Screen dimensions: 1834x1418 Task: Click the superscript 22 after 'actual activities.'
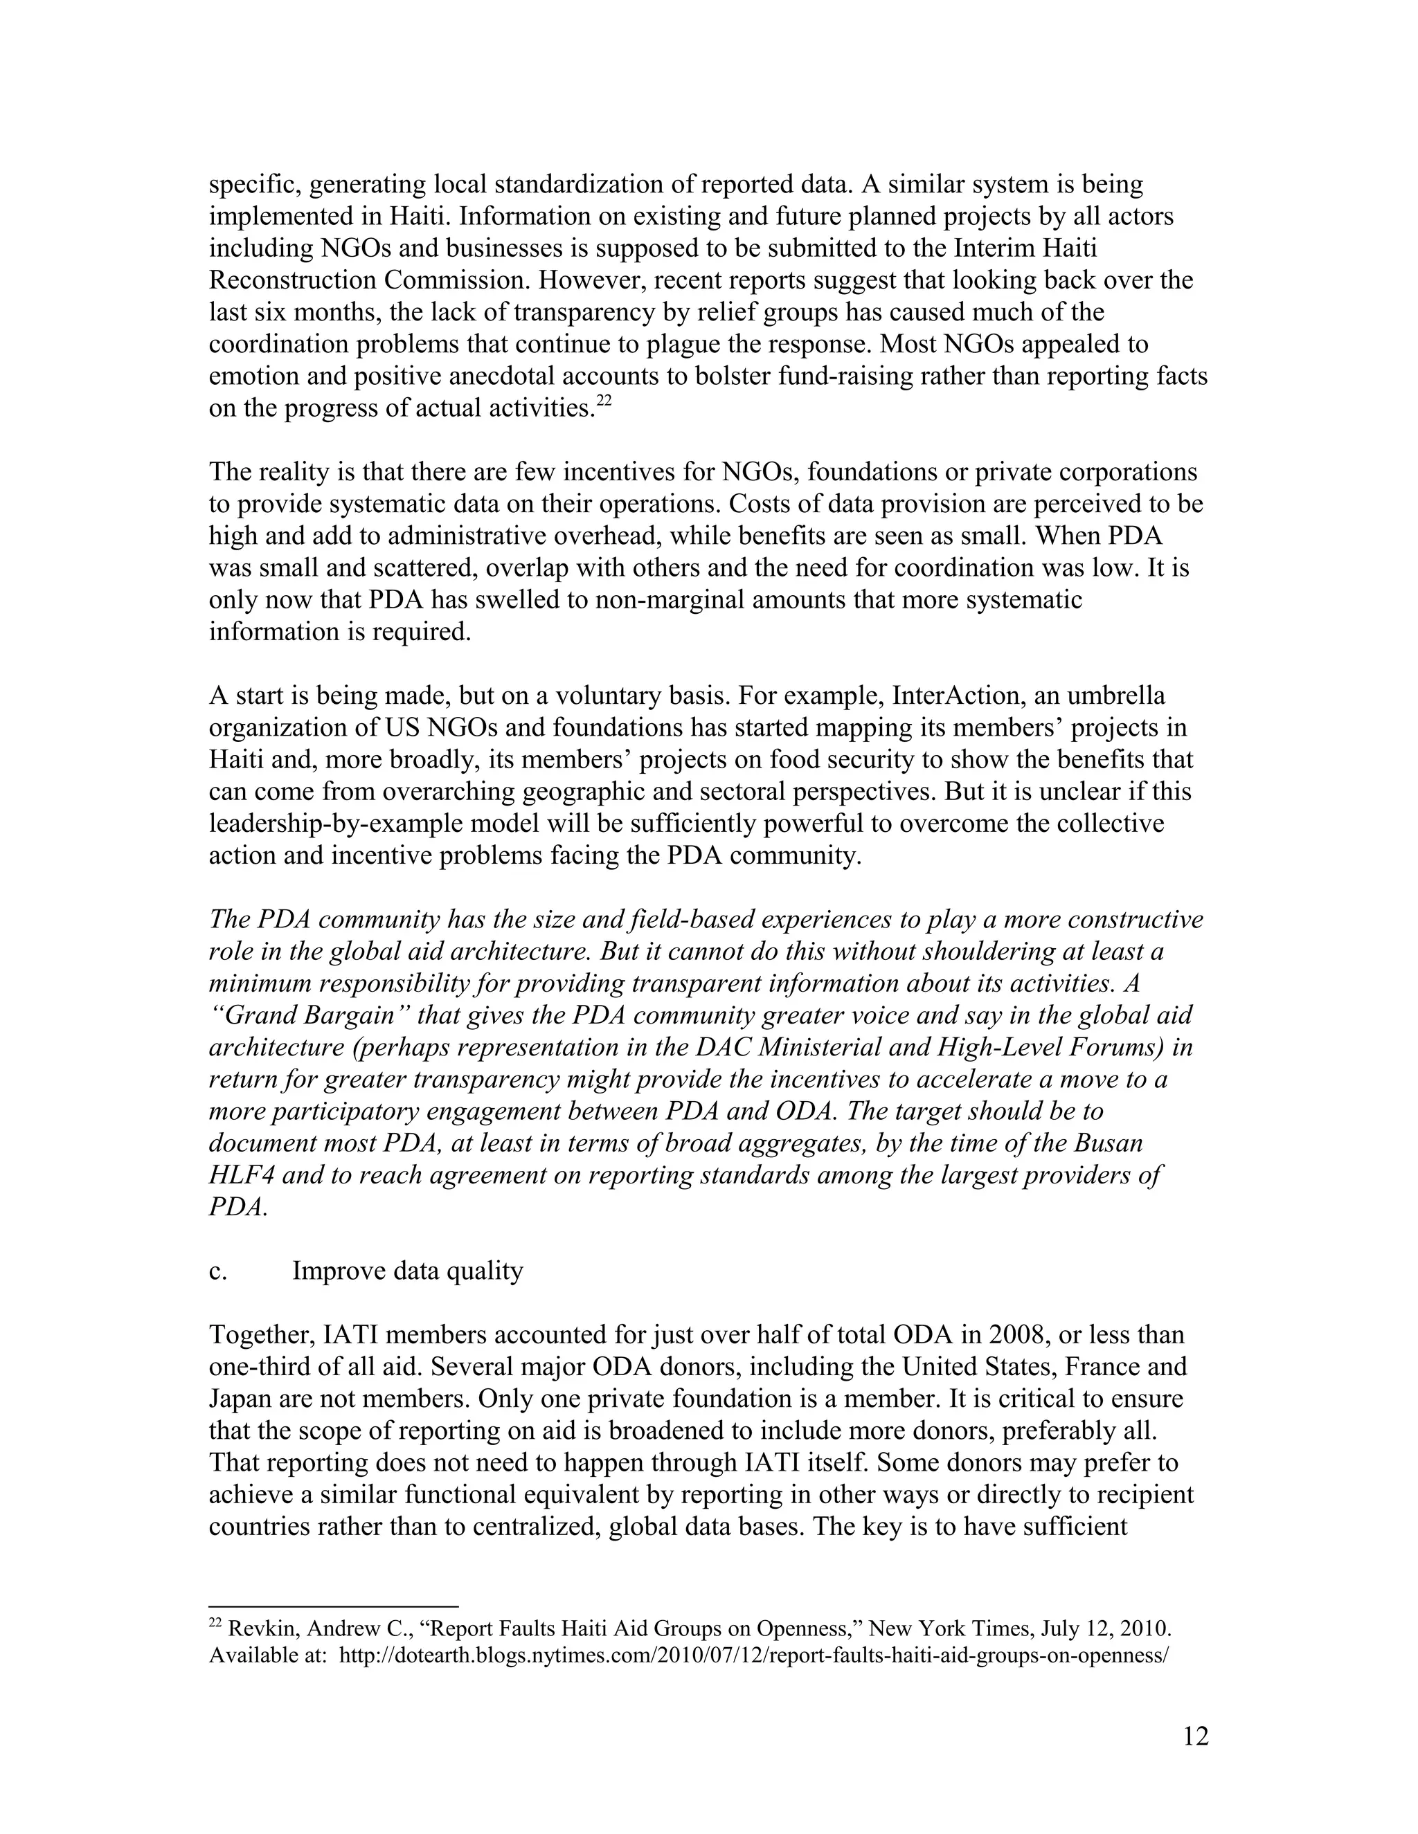pyautogui.click(x=603, y=401)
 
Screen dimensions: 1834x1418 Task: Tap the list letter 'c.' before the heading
pyautogui.click(x=217, y=1271)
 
